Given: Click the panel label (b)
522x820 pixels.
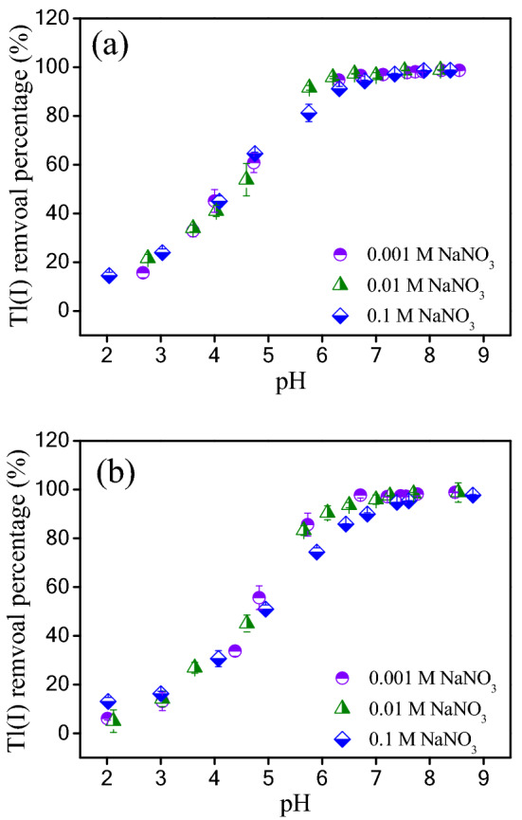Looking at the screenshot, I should point(117,470).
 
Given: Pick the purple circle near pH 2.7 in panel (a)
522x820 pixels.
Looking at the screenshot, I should point(143,272).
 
